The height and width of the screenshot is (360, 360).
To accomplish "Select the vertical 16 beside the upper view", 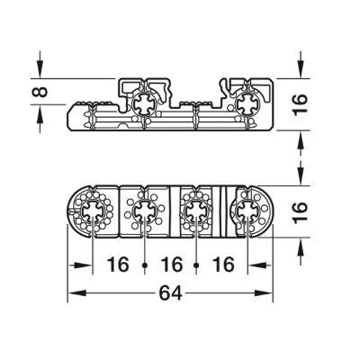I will point(300,106).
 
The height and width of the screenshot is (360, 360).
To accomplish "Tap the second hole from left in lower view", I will point(142,213).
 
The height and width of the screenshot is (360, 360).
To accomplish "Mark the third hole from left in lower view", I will point(193,213).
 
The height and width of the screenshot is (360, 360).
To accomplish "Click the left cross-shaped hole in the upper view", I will point(143,105).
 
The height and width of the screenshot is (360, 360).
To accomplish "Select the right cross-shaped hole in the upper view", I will point(245,104).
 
